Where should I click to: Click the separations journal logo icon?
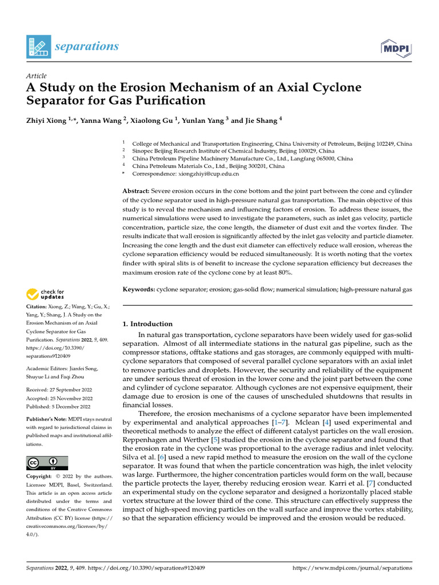(x=38, y=46)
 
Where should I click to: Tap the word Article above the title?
(x=37, y=76)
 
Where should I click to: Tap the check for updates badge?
(x=46, y=294)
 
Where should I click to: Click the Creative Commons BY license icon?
(x=47, y=463)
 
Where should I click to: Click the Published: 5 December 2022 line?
(x=59, y=407)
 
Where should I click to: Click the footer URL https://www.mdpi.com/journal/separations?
(x=352, y=568)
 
